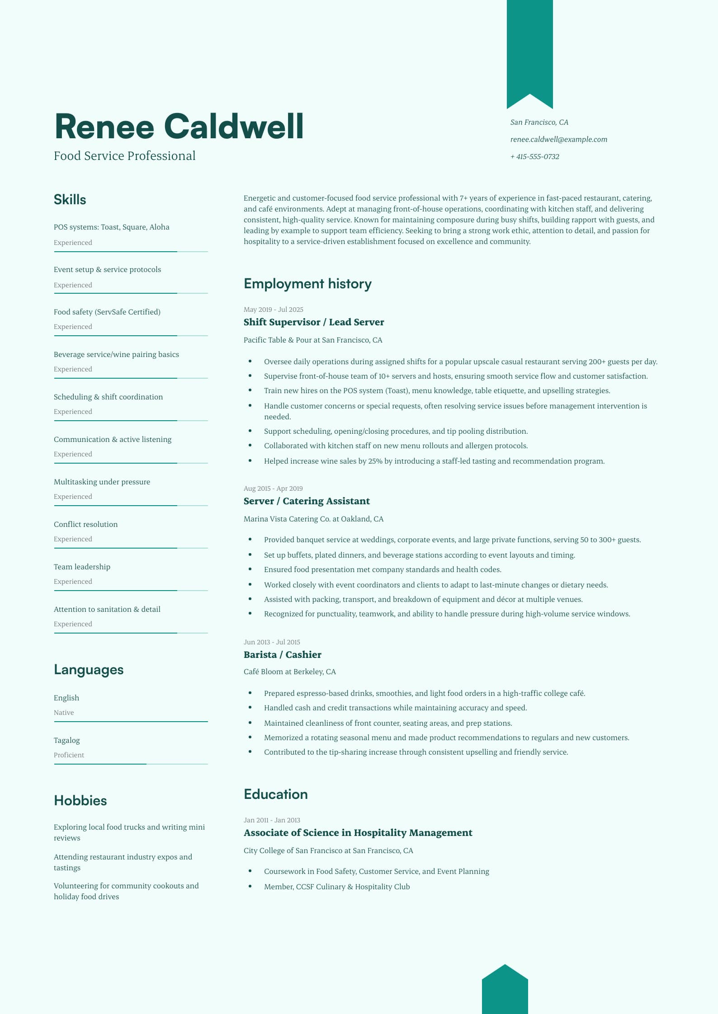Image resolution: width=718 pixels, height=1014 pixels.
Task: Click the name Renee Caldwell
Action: tap(179, 127)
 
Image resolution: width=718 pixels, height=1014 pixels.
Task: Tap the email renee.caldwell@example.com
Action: tap(558, 140)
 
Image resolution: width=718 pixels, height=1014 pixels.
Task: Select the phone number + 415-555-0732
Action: tap(534, 157)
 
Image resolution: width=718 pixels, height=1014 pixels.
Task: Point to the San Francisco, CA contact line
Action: tap(539, 122)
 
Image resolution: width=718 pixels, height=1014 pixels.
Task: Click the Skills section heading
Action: tap(70, 200)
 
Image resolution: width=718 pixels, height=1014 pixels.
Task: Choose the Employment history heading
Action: tap(307, 284)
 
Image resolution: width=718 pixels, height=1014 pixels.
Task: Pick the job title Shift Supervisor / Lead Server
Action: tap(314, 322)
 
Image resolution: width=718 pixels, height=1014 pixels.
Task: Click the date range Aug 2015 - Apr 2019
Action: tap(273, 488)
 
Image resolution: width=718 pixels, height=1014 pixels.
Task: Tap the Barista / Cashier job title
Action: tap(282, 655)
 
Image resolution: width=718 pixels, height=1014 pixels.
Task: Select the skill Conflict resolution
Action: tap(86, 524)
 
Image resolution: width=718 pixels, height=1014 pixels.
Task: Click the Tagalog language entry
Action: tap(67, 740)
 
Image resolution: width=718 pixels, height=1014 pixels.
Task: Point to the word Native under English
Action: tap(64, 713)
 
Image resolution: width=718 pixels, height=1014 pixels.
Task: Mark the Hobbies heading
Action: tap(80, 801)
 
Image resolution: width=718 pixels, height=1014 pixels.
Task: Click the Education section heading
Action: tap(276, 794)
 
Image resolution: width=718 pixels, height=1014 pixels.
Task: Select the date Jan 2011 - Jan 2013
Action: tap(272, 820)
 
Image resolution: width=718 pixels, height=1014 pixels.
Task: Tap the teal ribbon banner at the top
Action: tap(529, 50)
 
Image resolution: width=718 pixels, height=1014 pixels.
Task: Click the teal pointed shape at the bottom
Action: tap(505, 992)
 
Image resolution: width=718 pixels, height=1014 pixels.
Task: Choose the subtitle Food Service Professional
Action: tap(125, 156)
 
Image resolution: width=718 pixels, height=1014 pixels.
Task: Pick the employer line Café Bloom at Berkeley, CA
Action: tap(290, 672)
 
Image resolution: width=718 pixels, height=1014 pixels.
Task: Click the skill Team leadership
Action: tap(82, 567)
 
